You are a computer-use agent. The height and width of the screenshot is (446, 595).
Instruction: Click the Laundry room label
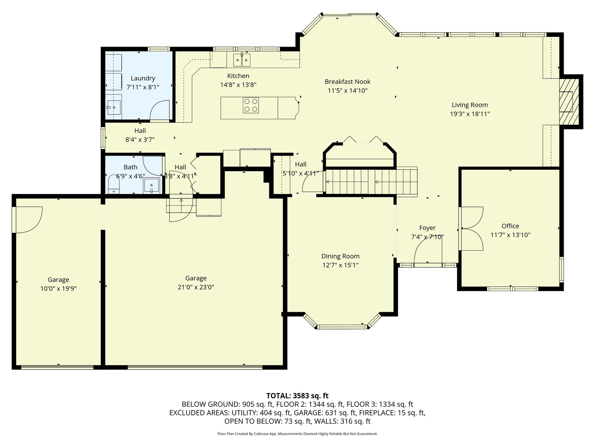[x=143, y=78]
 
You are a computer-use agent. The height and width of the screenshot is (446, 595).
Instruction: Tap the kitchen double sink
[x=242, y=60]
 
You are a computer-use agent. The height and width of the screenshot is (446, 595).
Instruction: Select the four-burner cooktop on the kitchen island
[x=250, y=105]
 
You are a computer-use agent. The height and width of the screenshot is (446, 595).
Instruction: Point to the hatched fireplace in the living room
[x=569, y=101]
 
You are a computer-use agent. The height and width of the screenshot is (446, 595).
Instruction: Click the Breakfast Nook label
[x=347, y=82]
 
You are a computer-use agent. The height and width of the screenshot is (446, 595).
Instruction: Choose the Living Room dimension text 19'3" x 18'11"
[x=469, y=114]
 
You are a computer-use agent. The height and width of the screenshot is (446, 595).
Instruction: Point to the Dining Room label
[x=340, y=256]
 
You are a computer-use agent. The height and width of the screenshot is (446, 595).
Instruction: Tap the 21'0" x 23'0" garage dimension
[x=195, y=287]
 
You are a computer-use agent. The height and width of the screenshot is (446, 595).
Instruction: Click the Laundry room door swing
[x=160, y=111]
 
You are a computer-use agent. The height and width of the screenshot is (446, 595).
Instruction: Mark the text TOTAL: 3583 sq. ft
[x=297, y=396]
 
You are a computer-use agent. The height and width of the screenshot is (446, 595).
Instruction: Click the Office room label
[x=510, y=226]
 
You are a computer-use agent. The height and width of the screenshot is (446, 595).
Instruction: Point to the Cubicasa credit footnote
[x=297, y=434]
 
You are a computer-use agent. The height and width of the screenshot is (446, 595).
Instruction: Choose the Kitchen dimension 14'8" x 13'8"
[x=238, y=85]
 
